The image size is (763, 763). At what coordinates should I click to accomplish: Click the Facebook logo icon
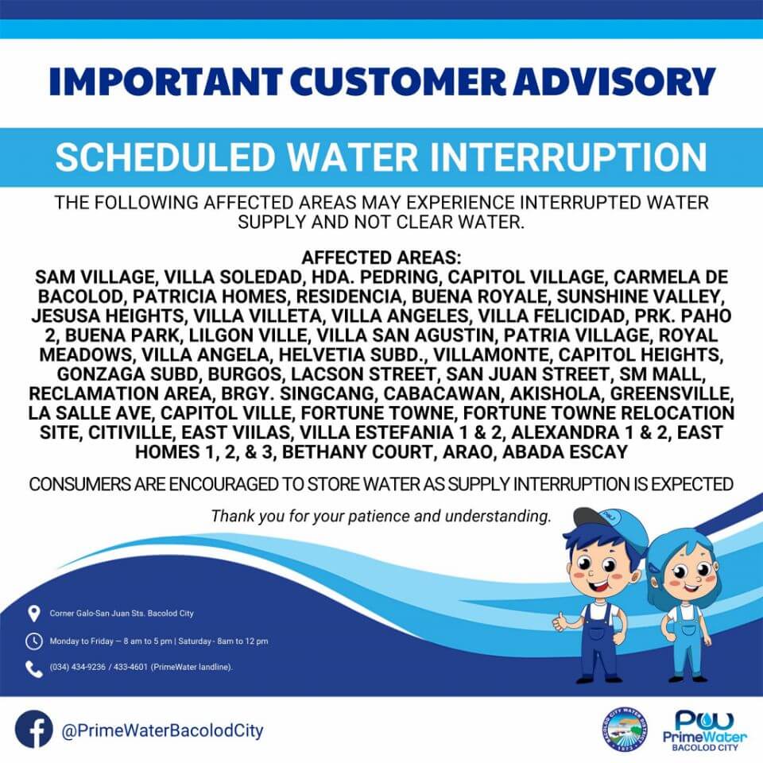[33, 730]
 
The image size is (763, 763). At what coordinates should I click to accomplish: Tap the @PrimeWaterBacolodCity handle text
[162, 730]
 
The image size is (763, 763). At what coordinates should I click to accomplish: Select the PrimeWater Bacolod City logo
[705, 730]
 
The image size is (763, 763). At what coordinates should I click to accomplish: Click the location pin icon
[33, 614]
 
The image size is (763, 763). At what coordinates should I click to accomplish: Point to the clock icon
[33, 641]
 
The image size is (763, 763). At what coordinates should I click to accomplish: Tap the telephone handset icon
[34, 668]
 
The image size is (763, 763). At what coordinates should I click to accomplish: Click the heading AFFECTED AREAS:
[381, 258]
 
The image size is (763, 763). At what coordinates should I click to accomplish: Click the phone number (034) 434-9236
[77, 667]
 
